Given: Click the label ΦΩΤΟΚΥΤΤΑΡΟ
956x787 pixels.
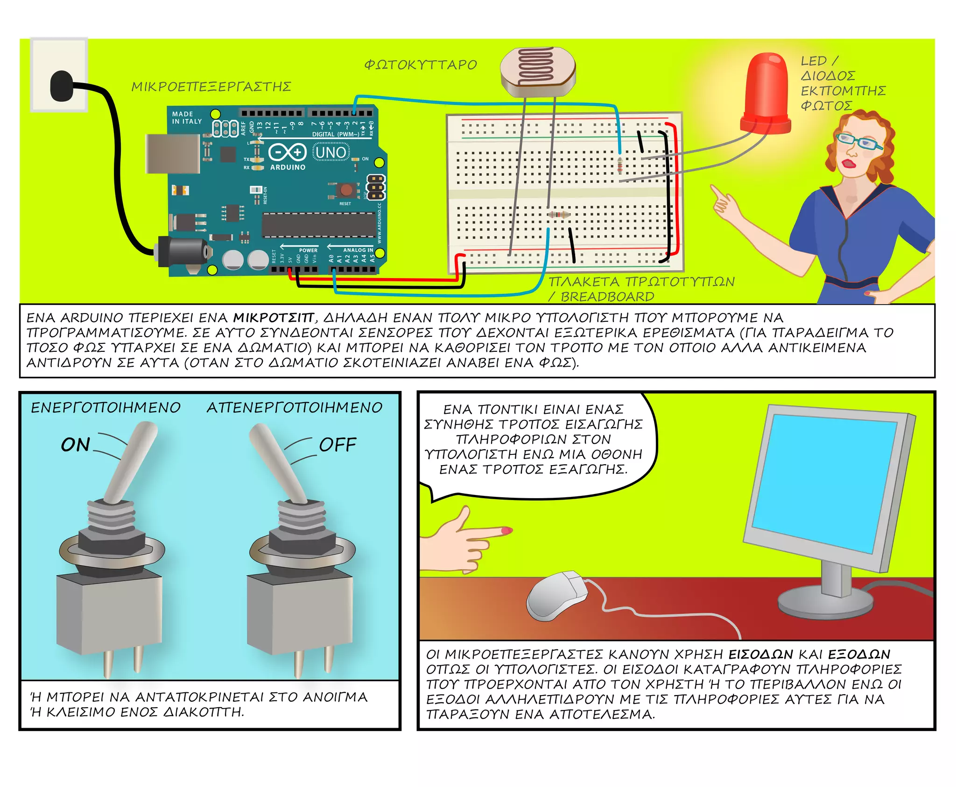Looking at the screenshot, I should [421, 65].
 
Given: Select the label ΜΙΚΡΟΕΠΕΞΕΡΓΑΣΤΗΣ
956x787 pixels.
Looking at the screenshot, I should [211, 87].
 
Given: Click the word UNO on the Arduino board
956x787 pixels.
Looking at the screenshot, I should [330, 153].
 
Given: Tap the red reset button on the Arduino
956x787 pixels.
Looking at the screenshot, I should [346, 189].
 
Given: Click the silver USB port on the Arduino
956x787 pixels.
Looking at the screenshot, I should [172, 153].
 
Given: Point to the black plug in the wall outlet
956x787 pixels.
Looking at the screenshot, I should [61, 86].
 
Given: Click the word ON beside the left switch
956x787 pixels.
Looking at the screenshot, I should [75, 445].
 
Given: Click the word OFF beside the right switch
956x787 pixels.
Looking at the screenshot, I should [337, 445].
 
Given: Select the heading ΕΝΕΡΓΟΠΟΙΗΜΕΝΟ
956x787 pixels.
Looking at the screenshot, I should [105, 408].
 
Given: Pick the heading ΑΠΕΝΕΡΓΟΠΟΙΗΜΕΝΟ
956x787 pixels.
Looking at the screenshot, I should [295, 408].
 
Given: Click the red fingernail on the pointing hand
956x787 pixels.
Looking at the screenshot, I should [507, 530].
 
